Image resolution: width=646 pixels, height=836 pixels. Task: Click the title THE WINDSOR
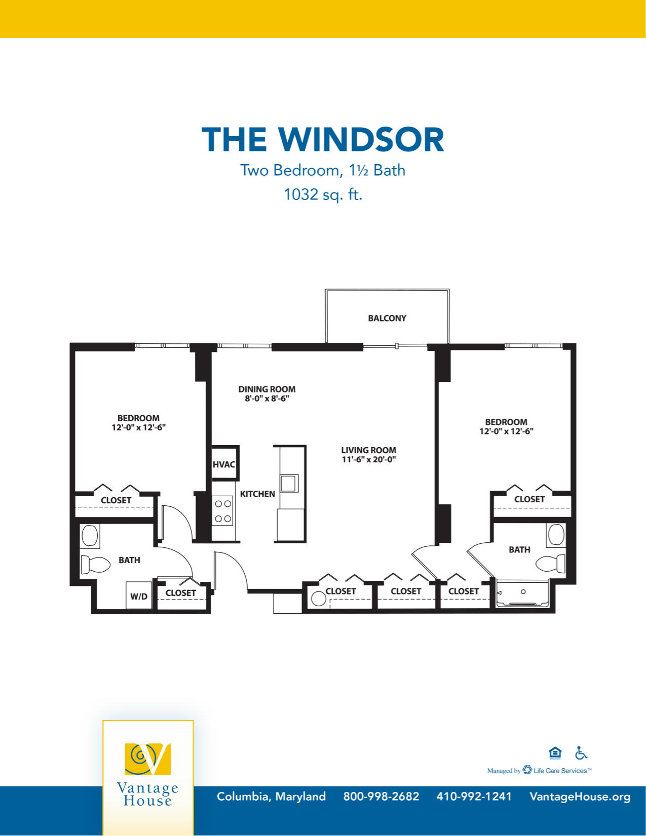click(x=323, y=140)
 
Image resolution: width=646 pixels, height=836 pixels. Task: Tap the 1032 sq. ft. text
click(x=323, y=194)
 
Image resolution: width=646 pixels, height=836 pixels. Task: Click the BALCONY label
click(x=387, y=319)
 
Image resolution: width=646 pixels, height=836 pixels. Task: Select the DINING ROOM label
click(x=267, y=389)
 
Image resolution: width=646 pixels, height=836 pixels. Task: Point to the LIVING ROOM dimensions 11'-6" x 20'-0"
click(x=368, y=460)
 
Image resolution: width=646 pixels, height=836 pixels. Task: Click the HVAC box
click(x=224, y=464)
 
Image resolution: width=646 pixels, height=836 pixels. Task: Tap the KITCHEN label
click(x=257, y=494)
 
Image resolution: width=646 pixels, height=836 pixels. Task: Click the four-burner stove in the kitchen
click(x=223, y=511)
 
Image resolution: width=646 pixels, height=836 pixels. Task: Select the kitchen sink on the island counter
click(x=288, y=483)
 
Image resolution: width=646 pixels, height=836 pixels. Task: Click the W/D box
click(x=139, y=596)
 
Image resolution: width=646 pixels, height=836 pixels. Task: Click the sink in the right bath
click(x=556, y=535)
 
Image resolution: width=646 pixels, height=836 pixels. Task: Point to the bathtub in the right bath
click(x=523, y=592)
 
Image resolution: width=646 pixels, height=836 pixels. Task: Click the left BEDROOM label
click(x=138, y=418)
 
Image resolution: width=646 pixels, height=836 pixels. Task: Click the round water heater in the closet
click(x=319, y=599)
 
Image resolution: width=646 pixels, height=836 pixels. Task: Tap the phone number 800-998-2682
click(x=381, y=797)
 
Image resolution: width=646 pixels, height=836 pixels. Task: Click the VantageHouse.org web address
click(x=580, y=797)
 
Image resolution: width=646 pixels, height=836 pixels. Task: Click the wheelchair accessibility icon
click(x=581, y=753)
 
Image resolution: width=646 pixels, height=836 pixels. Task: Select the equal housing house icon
click(x=555, y=753)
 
